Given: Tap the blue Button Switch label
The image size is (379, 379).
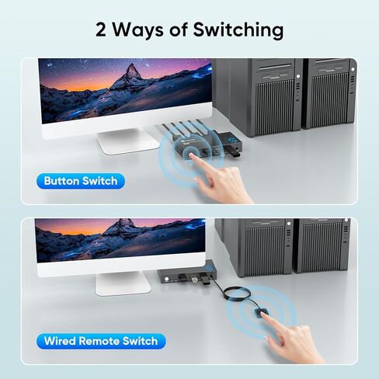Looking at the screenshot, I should click(x=81, y=181).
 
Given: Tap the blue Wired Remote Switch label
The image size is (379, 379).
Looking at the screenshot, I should click(x=100, y=341).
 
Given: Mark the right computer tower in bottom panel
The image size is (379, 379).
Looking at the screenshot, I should click(x=322, y=244).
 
